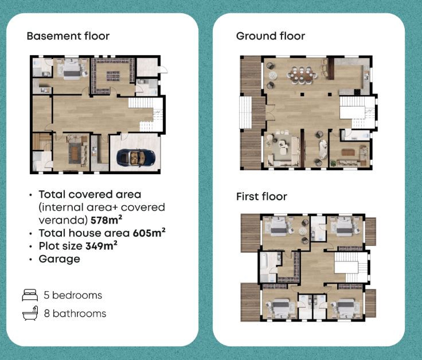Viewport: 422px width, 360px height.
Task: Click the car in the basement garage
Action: pos(136,158)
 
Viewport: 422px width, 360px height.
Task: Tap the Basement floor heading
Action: pos(68,36)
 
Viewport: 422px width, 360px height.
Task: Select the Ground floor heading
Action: pos(271,36)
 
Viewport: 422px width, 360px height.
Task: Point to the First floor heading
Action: pos(261,197)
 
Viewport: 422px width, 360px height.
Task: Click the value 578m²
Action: pos(106,220)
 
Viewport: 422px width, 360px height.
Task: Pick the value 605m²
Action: pos(149,233)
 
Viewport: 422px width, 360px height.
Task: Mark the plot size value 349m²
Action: pos(101,246)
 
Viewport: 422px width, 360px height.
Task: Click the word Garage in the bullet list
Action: pos(60,259)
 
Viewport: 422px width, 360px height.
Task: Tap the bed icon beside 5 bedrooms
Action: pos(30,295)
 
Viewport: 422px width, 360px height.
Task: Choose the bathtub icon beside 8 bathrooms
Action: pos(30,313)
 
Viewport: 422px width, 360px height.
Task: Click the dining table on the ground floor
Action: pos(302,75)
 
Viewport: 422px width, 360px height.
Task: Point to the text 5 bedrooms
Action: pos(73,295)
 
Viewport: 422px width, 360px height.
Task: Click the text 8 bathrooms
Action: pos(75,314)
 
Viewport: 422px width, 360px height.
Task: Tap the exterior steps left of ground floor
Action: pos(245,112)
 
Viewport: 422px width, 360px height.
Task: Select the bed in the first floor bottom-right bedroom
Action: pos(346,308)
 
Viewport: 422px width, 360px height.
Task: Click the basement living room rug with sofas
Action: pos(75,152)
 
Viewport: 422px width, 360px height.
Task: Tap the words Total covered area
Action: pos(90,194)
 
